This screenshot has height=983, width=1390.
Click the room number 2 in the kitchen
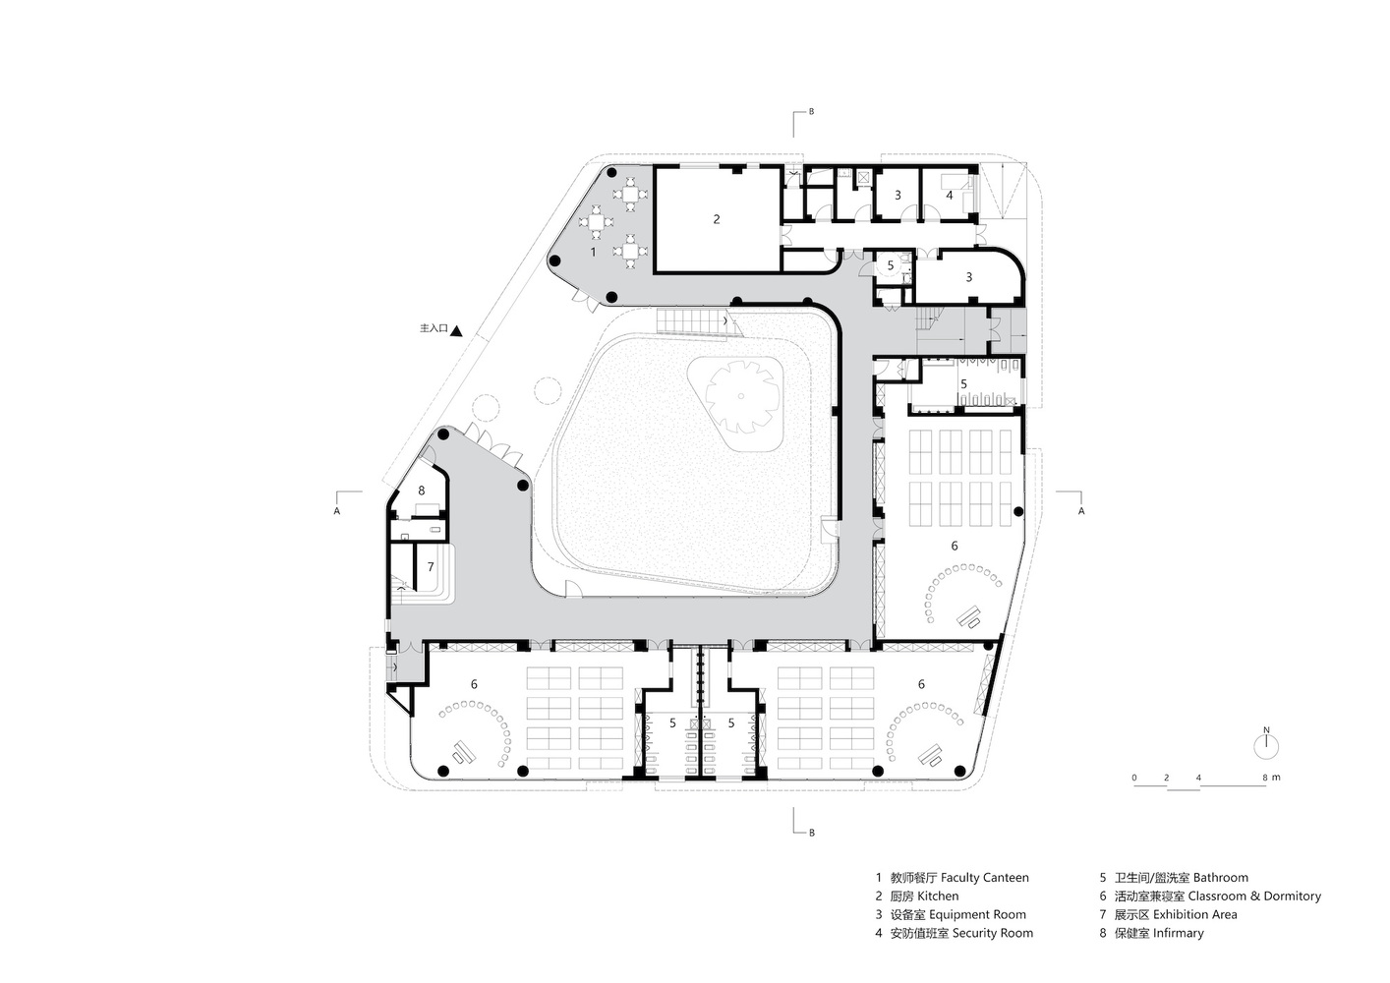717,219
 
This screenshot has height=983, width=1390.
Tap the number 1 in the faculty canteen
593,252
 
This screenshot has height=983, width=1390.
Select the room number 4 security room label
949,196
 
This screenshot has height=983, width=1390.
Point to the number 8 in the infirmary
422,491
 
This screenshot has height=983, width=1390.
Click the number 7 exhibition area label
431,566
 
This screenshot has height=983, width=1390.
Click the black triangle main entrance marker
456,330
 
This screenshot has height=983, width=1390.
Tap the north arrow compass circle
1266,746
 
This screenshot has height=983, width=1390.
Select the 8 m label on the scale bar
1271,777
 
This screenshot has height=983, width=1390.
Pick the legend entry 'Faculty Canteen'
985,878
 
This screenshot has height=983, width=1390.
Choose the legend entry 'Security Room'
993,933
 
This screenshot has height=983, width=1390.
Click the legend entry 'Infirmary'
1179,933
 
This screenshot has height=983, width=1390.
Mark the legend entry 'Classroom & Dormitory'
1254,896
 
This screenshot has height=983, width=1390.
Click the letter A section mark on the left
337,511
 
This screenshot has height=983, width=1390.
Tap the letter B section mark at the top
811,112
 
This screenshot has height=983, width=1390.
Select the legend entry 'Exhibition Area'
1195,915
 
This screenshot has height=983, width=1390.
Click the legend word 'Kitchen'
938,896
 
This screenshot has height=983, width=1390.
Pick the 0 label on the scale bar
1134,778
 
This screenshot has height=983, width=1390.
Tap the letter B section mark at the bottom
812,833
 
